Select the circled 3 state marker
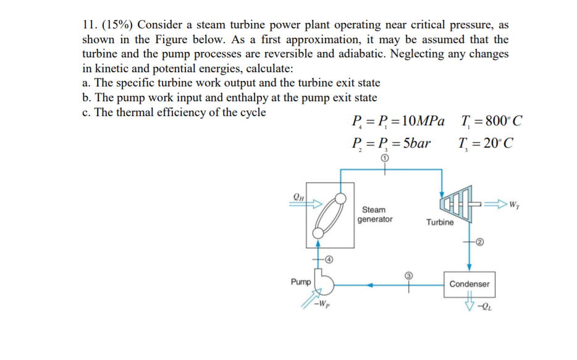tap(408, 274)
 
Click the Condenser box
tap(469, 284)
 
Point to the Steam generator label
tap(374, 214)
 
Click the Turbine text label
tap(440, 222)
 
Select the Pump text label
tap(301, 282)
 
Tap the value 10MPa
tap(419, 120)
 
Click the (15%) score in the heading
tap(117, 25)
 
